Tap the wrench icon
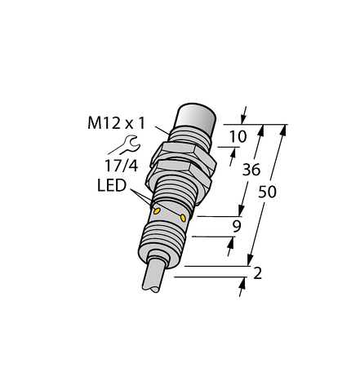[129, 146]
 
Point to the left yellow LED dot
[156, 210]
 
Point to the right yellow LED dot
[183, 218]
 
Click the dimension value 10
[237, 138]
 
